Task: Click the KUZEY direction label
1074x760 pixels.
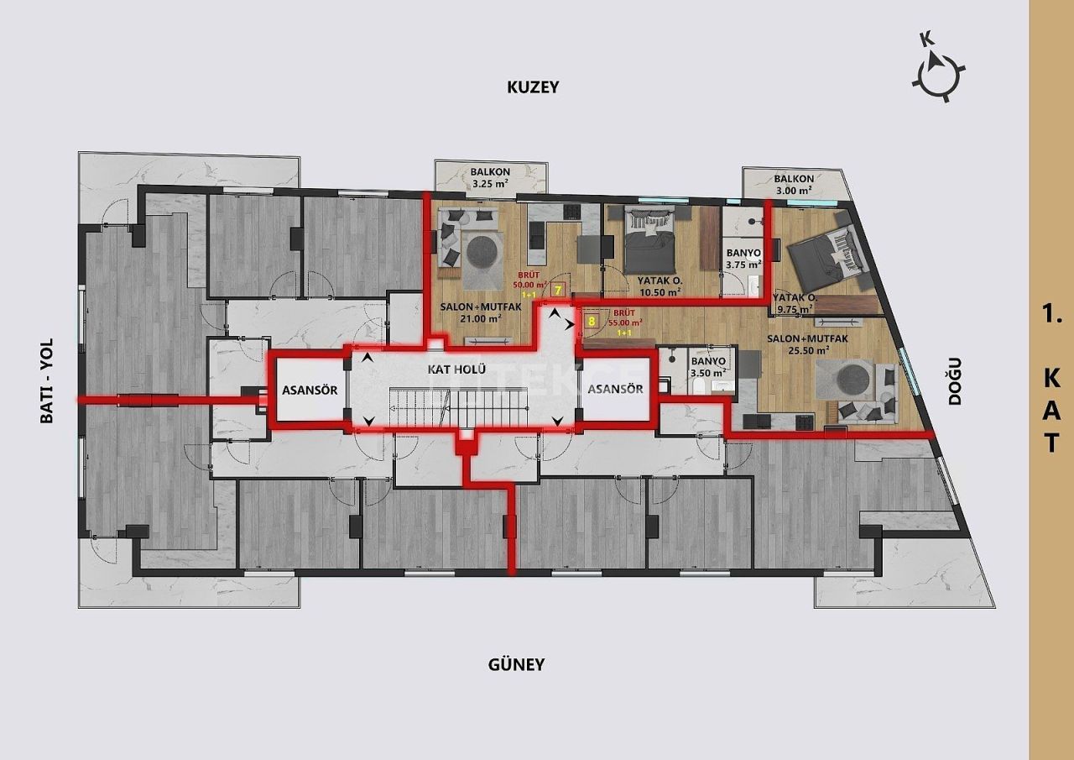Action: coord(532,86)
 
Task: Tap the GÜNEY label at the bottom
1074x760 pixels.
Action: coord(516,664)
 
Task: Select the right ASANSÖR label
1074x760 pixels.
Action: coord(615,389)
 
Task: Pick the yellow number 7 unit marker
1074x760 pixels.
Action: coord(559,290)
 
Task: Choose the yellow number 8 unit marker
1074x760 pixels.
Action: coord(592,320)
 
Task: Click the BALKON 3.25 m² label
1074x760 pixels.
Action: coord(491,177)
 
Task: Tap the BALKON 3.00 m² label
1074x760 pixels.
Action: coord(793,185)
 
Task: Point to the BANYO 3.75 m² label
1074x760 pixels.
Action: coord(743,258)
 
